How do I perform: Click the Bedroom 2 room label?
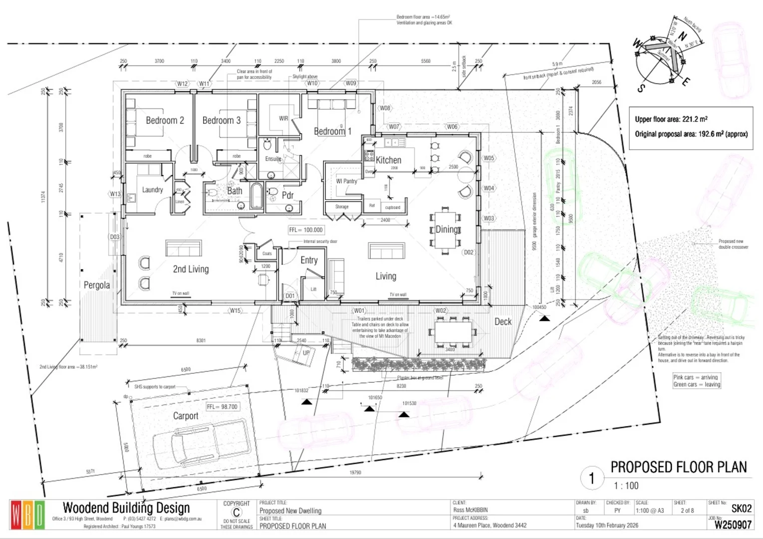(x=165, y=120)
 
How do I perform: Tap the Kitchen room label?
(x=388, y=160)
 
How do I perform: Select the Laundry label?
(x=152, y=190)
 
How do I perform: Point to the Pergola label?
(x=97, y=285)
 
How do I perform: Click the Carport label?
(x=186, y=416)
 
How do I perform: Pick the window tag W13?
(x=115, y=194)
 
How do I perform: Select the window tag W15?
(x=235, y=310)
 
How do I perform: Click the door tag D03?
(x=115, y=237)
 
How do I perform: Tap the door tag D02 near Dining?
(x=469, y=253)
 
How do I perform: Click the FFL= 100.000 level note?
(x=306, y=230)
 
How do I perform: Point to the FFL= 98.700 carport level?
(x=222, y=407)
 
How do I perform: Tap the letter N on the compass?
(x=682, y=36)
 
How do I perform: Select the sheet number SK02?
(x=741, y=508)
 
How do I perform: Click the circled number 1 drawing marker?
(x=592, y=478)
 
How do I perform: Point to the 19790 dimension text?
(x=355, y=472)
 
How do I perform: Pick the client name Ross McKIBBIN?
(x=470, y=510)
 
